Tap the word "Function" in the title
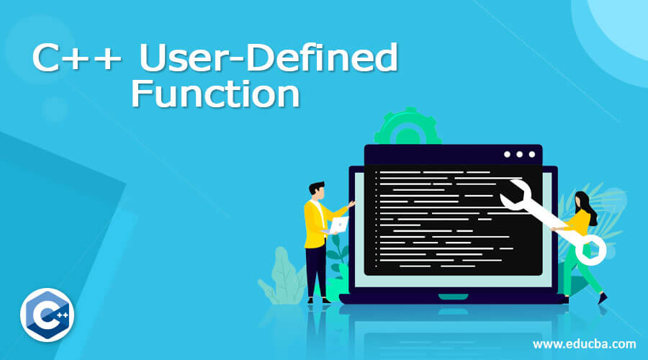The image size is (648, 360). point(215,95)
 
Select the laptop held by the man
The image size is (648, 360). point(339,225)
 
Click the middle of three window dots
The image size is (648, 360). point(518,154)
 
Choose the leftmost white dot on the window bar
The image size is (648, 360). point(506,154)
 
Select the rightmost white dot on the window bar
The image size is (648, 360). point(531,154)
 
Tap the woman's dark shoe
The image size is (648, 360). point(602,297)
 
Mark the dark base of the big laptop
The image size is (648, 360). point(451,297)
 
